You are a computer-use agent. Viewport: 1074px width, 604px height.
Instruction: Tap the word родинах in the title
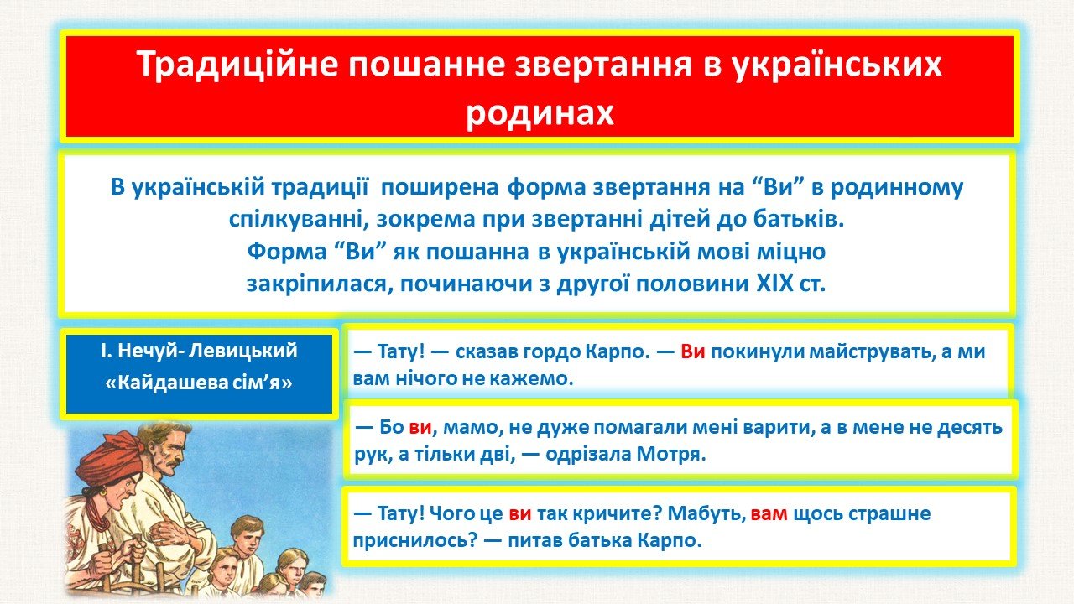tap(540, 113)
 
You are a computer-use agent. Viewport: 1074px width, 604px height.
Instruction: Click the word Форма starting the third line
tap(287, 251)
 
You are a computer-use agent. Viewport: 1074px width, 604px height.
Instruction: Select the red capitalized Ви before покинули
tap(693, 351)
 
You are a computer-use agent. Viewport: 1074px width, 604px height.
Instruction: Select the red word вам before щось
tap(769, 514)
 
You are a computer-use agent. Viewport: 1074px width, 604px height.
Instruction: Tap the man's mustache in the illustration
tap(169, 462)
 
